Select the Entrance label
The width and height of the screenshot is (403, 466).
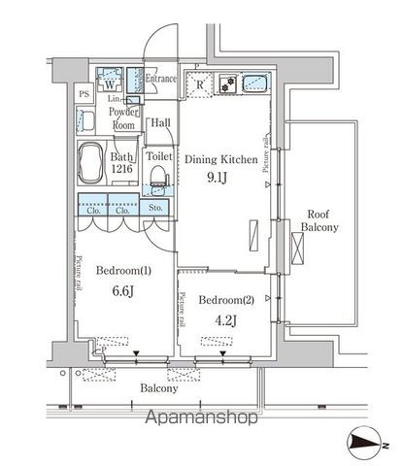click(x=160, y=79)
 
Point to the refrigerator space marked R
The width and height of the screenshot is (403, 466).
click(x=200, y=84)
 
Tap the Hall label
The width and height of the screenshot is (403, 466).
click(x=161, y=122)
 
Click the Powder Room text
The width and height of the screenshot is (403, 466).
click(x=123, y=118)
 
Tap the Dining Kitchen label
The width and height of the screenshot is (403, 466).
click(x=221, y=158)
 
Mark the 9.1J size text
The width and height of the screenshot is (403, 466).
click(x=222, y=178)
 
